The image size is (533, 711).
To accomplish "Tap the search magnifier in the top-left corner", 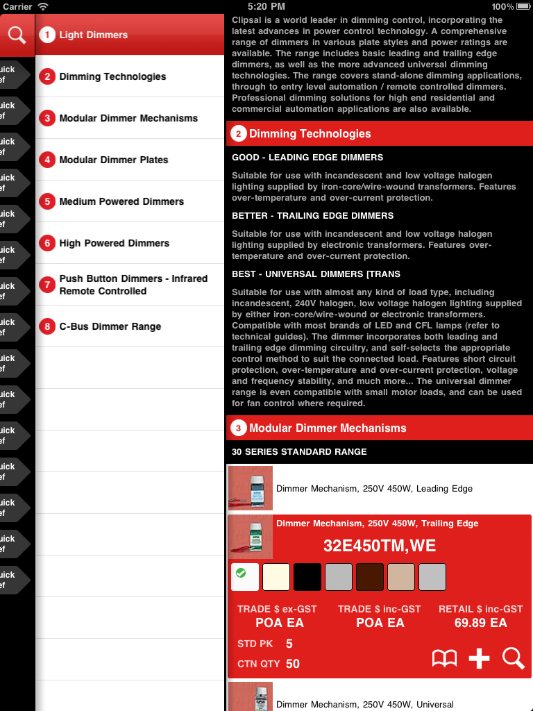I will pyautogui.click(x=17, y=35).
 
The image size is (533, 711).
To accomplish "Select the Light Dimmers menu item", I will pyautogui.click(x=93, y=35).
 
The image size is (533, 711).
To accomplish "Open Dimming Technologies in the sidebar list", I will pyautogui.click(x=112, y=76).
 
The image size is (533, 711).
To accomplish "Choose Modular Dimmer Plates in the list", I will pyautogui.click(x=114, y=160).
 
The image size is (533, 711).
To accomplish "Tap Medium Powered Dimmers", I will pyautogui.click(x=121, y=201).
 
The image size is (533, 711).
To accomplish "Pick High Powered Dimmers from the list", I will pyautogui.click(x=115, y=243).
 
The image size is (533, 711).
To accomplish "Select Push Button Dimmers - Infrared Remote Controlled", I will pyautogui.click(x=133, y=285).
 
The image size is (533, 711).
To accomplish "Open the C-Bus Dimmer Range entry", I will pyautogui.click(x=110, y=326).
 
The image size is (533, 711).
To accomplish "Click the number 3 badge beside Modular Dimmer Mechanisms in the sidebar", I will pyautogui.click(x=47, y=118).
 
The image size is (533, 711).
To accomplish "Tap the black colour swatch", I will pyautogui.click(x=307, y=577).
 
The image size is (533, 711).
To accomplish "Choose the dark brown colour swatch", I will pyautogui.click(x=369, y=577).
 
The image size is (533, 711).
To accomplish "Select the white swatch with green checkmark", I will pyautogui.click(x=245, y=577).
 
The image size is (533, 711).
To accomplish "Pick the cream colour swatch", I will pyautogui.click(x=276, y=577).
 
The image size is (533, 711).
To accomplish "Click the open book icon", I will pyautogui.click(x=444, y=658).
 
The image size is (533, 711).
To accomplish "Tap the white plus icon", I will pyautogui.click(x=479, y=658).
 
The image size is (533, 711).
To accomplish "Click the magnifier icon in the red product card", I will pyautogui.click(x=513, y=658).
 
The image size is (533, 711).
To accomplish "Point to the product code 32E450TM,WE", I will pyautogui.click(x=380, y=546).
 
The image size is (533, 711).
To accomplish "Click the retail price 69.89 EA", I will pyautogui.click(x=480, y=622).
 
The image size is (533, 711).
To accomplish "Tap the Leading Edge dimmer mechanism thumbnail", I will pyautogui.click(x=251, y=488).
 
